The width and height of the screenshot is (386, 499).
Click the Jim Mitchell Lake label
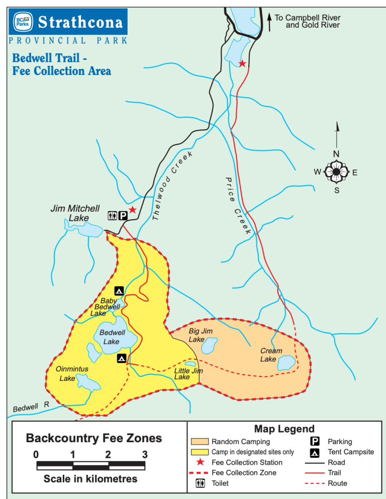pos(75,213)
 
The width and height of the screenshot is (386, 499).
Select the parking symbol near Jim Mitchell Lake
pos(123,215)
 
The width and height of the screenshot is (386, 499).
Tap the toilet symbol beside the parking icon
pos(113,215)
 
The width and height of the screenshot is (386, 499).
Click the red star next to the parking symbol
pos(132,209)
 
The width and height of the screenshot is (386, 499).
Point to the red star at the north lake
pos(242,63)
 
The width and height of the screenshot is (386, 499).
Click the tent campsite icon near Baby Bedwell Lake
pos(119,290)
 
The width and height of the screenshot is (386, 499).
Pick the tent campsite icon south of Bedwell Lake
pos(121,358)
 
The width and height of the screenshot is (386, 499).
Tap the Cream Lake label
pos(270,355)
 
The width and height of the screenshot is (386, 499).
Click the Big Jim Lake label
pos(201,335)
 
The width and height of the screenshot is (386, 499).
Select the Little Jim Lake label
pos(188,374)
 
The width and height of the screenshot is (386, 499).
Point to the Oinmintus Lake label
pos(72,373)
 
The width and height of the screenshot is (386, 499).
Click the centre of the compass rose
pos(336,172)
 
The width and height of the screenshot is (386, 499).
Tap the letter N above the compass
pos(336,153)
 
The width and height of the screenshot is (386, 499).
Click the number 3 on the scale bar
pos(145,455)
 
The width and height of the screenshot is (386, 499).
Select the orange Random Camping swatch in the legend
pos(199,442)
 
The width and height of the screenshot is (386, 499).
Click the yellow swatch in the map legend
pos(199,452)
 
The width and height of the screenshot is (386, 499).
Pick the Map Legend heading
pos(284,429)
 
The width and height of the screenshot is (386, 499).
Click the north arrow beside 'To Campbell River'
pos(269,21)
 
